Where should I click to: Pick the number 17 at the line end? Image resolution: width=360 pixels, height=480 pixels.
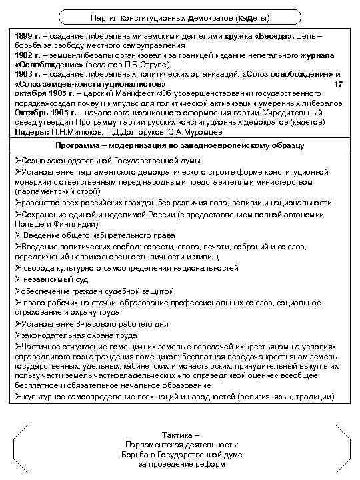pos(337,84)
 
